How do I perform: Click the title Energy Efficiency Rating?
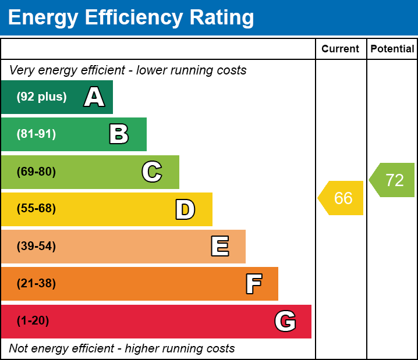[x=130, y=18]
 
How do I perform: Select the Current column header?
[x=341, y=49]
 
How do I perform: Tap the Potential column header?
[x=392, y=49]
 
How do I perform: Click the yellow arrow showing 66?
[x=342, y=198]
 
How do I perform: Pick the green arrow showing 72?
[x=393, y=180]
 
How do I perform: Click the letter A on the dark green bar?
[x=94, y=97]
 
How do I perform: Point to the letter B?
[x=119, y=134]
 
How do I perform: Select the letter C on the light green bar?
[x=151, y=172]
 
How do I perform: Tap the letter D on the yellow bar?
[x=185, y=209]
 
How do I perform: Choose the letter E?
[x=219, y=247]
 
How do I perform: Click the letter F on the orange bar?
[x=253, y=284]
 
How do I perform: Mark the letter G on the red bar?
[x=285, y=321]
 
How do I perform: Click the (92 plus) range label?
[x=41, y=97]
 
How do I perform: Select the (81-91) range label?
[x=36, y=134]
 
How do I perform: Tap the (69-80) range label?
[x=36, y=172]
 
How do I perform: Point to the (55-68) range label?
[x=36, y=209]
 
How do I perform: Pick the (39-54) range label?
[x=36, y=247]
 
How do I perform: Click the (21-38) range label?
[x=36, y=284]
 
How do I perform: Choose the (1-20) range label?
[x=33, y=321]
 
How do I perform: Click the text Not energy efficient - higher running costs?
[x=122, y=349]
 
